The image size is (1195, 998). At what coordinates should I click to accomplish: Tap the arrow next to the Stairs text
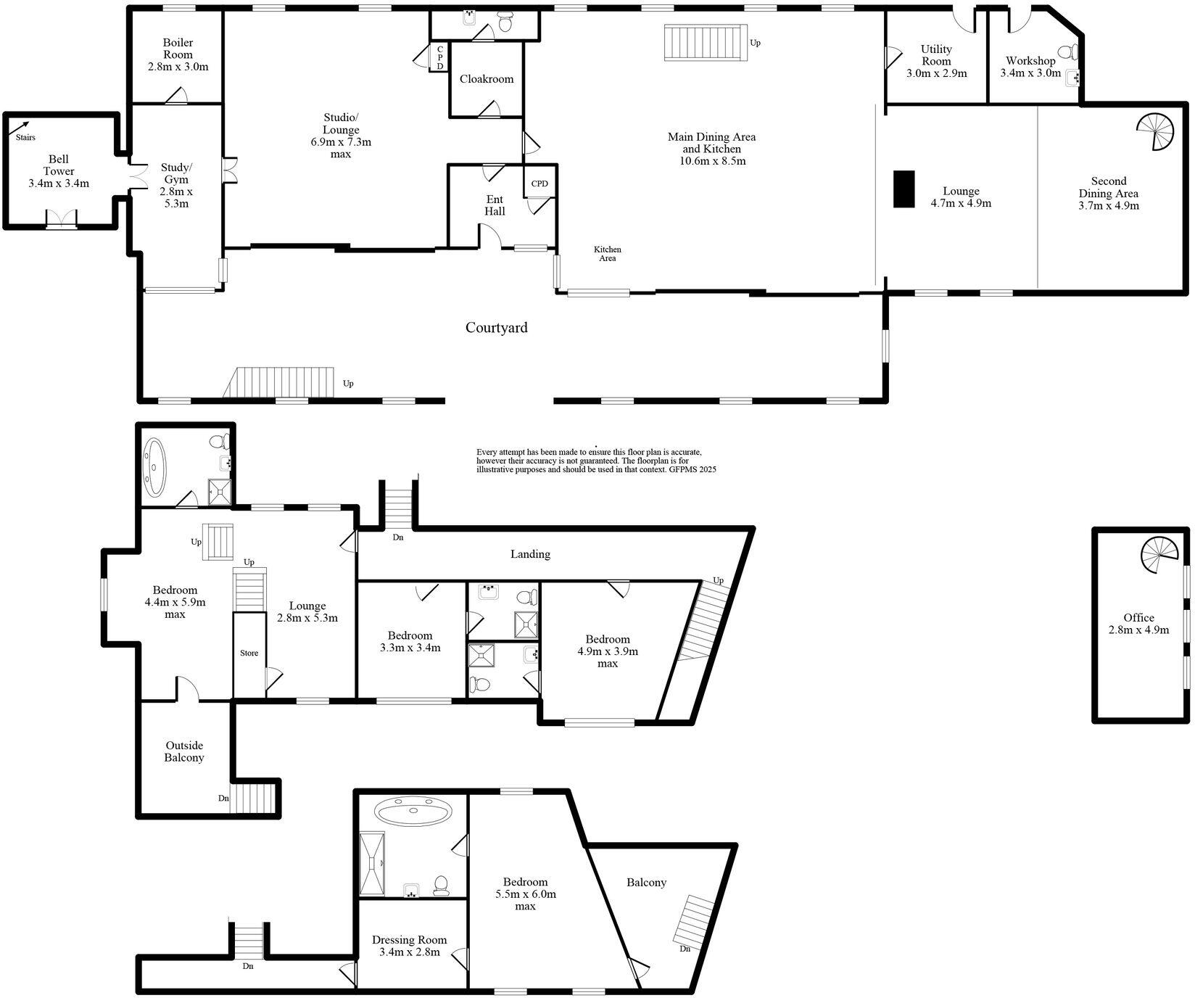(24, 126)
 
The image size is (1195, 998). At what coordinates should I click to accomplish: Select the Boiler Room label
(178, 49)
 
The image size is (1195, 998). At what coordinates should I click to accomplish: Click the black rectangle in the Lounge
(903, 189)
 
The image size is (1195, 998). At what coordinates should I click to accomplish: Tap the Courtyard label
(497, 328)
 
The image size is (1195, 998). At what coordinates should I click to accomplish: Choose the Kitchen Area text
(608, 254)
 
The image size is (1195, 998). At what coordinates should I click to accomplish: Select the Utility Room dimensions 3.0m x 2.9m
(936, 73)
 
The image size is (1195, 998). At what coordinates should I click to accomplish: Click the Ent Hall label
(495, 205)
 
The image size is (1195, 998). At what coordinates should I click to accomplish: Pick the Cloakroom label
(487, 79)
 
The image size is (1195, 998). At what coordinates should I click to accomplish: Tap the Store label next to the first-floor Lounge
(249, 653)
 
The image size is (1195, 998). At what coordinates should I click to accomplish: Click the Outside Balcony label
(185, 751)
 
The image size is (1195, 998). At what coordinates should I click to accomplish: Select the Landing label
(530, 554)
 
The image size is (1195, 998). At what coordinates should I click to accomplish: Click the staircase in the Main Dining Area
(706, 43)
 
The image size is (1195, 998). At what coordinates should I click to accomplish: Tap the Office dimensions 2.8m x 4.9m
(1138, 630)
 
